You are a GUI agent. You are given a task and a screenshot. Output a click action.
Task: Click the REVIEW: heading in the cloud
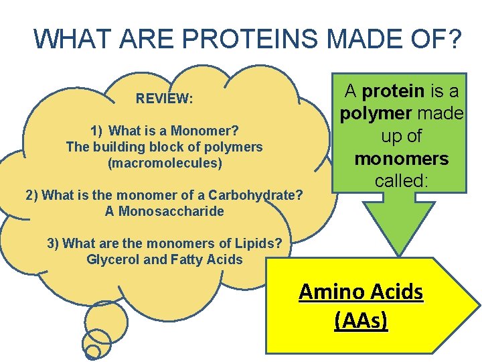click(164, 99)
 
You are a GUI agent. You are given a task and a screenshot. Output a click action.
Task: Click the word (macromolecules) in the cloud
click(165, 162)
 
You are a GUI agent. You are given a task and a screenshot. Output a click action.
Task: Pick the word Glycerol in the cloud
click(112, 259)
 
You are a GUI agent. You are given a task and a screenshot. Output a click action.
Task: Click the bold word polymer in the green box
click(372, 113)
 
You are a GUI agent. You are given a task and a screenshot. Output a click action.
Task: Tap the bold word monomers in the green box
click(401, 159)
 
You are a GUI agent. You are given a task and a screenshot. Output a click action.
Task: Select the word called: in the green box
click(401, 181)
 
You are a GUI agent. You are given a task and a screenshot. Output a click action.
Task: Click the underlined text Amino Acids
click(361, 292)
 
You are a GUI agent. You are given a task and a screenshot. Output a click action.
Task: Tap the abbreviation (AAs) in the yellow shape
click(361, 320)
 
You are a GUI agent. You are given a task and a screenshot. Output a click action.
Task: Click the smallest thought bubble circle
click(94, 351)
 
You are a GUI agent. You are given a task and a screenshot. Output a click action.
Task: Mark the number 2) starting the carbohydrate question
click(32, 195)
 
